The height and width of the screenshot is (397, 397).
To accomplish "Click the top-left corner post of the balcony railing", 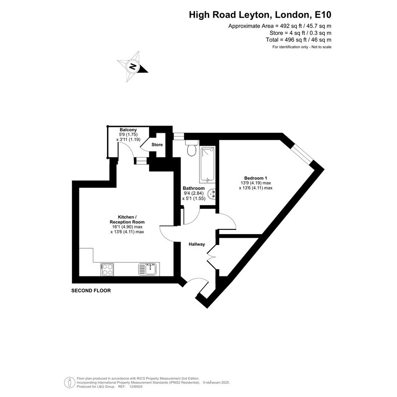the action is pyautogui.click(x=108, y=126).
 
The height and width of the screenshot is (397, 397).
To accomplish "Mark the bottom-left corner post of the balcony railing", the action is pyautogui.click(x=108, y=158).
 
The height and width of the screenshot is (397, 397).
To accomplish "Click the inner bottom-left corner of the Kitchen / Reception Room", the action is pyautogui.click(x=79, y=276).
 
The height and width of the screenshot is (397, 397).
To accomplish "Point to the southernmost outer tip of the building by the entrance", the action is pyautogui.click(x=207, y=308).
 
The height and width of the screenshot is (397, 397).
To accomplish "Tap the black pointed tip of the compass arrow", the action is pyautogui.click(x=147, y=72).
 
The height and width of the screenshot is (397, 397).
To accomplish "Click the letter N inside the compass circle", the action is pyautogui.click(x=132, y=67).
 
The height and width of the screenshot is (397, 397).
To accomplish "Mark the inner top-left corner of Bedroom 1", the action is pyautogui.click(x=219, y=140).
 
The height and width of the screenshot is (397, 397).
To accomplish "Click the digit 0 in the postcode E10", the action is pyautogui.click(x=328, y=15).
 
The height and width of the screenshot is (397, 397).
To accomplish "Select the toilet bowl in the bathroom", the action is pyautogui.click(x=192, y=149).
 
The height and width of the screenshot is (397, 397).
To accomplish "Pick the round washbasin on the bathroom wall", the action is pyautogui.click(x=211, y=194).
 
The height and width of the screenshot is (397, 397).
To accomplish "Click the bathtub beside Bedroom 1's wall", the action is pyautogui.click(x=208, y=165).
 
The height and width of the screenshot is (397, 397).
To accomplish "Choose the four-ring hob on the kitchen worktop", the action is pyautogui.click(x=107, y=269).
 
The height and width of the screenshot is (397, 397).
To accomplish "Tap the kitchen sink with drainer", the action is pyautogui.click(x=148, y=269).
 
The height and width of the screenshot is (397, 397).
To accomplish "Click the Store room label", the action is pyautogui.click(x=157, y=145).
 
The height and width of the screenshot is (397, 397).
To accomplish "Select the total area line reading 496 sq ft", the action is pyautogui.click(x=299, y=40).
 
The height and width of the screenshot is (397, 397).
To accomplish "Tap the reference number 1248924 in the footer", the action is pyautogui.click(x=136, y=386).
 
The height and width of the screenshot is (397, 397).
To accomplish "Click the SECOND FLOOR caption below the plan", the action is pyautogui.click(x=91, y=291).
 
